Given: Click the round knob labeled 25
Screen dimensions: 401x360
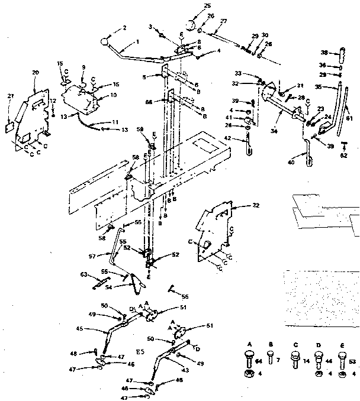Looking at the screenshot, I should [191, 25].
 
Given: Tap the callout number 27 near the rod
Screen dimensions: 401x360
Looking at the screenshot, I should [224, 21].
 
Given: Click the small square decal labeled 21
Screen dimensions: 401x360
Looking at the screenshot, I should [9, 125].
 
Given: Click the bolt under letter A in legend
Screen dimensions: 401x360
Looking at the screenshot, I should [249, 359].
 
